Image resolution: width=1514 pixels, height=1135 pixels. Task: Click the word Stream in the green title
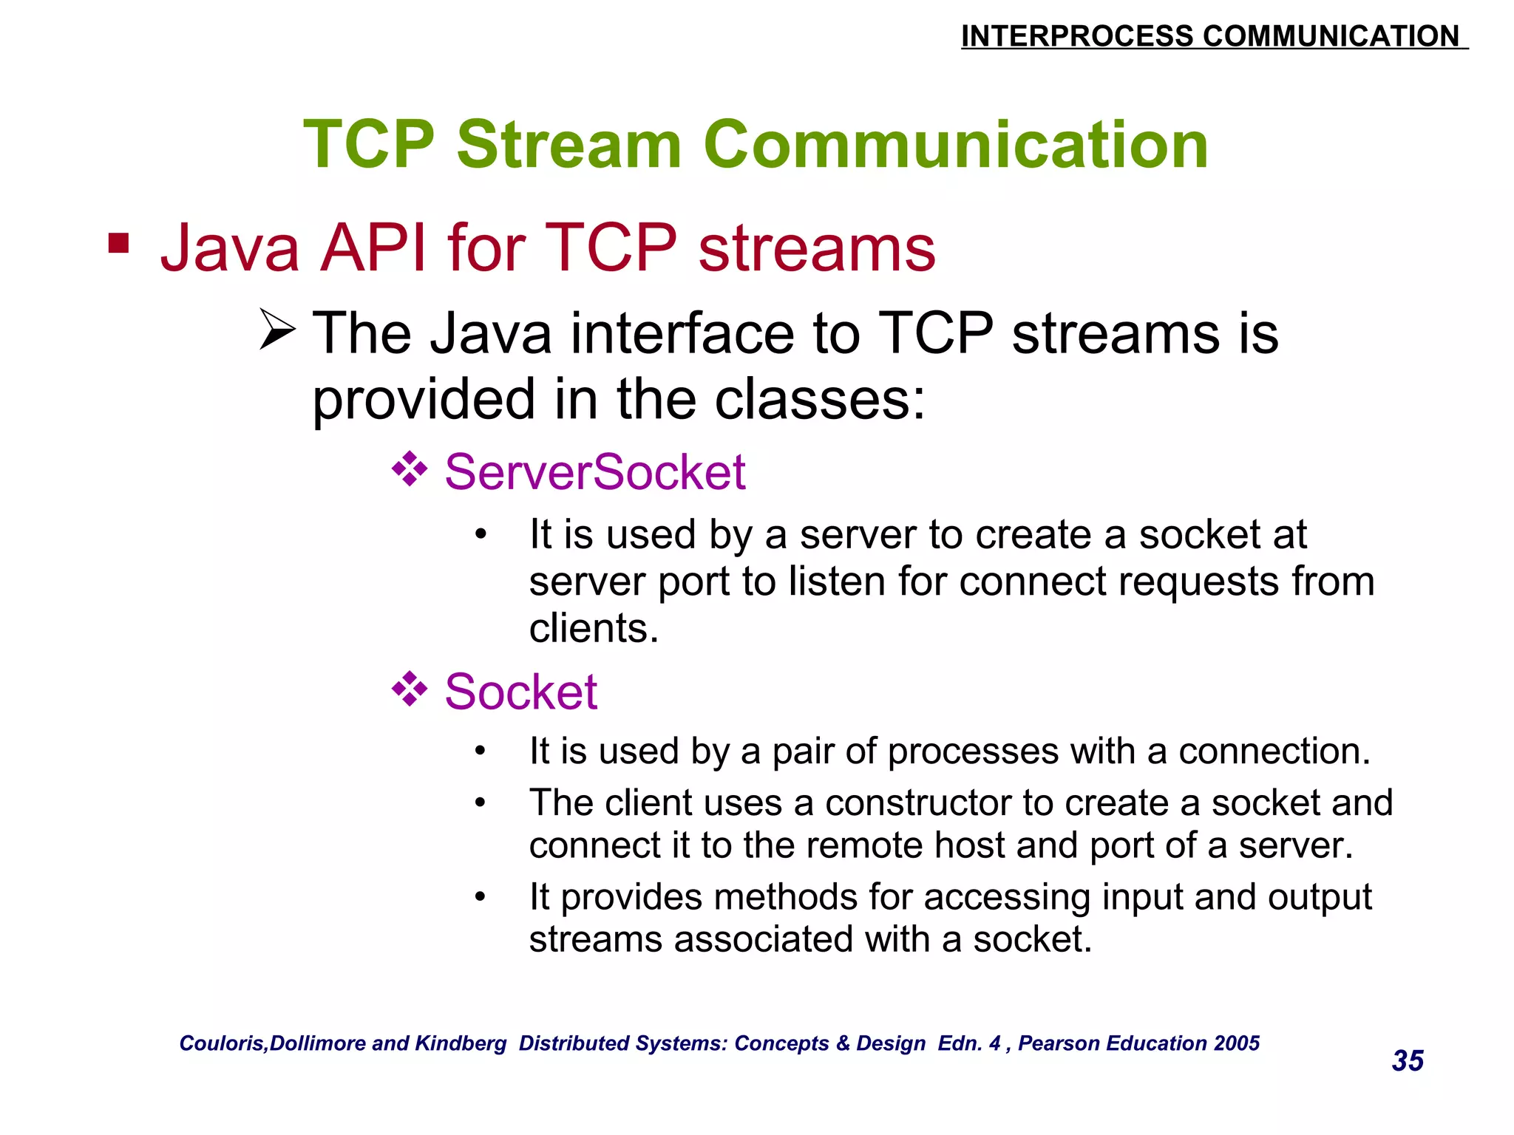[x=568, y=145]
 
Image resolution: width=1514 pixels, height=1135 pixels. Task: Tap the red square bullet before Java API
[x=118, y=242]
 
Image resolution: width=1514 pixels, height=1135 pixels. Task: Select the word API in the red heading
[x=373, y=248]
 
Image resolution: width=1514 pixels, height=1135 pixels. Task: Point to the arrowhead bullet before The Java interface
[x=278, y=330]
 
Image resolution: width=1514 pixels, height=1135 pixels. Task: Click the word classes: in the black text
[x=820, y=400]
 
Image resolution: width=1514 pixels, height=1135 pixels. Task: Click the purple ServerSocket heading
[x=594, y=472]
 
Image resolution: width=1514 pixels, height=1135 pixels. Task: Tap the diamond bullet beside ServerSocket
[x=410, y=470]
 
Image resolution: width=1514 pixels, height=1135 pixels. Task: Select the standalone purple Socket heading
[x=520, y=692]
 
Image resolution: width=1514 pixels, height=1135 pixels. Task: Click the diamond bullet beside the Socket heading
[x=410, y=690]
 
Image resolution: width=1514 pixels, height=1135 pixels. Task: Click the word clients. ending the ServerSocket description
[x=593, y=629]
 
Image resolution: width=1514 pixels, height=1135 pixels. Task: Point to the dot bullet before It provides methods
[x=481, y=898]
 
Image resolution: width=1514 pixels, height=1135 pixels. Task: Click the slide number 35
[x=1407, y=1061]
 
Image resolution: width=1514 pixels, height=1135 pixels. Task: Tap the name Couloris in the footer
[x=222, y=1043]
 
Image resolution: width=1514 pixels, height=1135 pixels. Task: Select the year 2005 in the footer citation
[x=1237, y=1043]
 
